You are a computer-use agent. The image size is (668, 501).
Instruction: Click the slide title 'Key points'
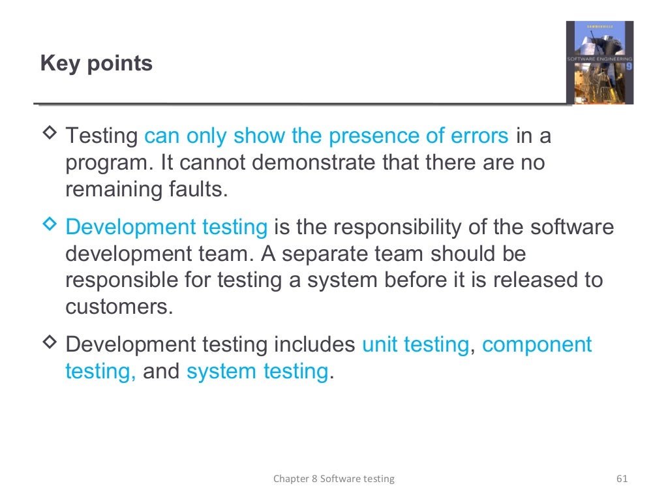(x=96, y=64)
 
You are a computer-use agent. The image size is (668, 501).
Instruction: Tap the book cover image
(x=599, y=63)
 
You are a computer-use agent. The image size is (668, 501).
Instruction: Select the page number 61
(x=621, y=479)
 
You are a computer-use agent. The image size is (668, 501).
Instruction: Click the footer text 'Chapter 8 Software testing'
(x=333, y=479)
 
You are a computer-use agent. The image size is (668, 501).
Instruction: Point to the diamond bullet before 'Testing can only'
(x=50, y=135)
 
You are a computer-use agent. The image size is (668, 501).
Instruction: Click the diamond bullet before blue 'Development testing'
(x=50, y=226)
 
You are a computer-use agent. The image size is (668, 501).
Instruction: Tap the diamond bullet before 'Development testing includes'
(x=50, y=344)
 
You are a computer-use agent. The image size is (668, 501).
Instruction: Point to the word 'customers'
(x=117, y=306)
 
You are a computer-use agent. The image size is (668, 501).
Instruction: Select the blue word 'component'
(x=536, y=345)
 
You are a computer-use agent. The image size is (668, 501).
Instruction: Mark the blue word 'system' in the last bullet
(x=222, y=371)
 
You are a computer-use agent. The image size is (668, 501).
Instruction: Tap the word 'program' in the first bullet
(x=106, y=162)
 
